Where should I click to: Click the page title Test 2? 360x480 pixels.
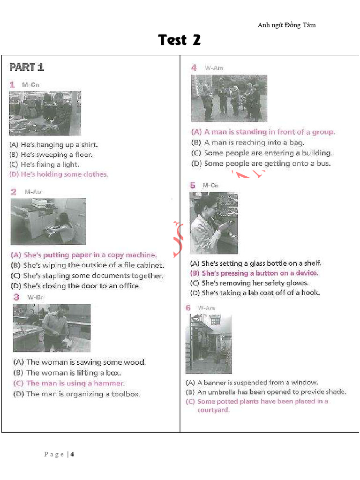click(x=180, y=40)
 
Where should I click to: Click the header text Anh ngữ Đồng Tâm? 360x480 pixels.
click(x=286, y=25)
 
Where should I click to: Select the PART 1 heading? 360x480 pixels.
click(x=27, y=67)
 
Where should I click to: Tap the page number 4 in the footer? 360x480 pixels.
click(x=72, y=454)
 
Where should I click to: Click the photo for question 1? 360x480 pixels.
click(x=45, y=113)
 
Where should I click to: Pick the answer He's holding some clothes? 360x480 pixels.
click(x=59, y=174)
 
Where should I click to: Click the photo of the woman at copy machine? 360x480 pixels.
click(x=48, y=221)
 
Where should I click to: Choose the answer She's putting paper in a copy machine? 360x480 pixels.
click(x=83, y=255)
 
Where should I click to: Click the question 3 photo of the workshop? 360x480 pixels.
click(x=52, y=328)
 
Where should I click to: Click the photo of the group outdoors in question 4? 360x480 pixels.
click(x=229, y=98)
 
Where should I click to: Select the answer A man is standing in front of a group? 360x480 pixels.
click(x=263, y=132)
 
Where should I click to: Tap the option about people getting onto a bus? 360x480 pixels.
click(x=261, y=164)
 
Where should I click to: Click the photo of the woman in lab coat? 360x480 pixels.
click(x=213, y=223)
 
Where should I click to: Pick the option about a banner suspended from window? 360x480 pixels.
click(x=252, y=382)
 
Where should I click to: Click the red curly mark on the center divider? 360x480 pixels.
click(x=178, y=240)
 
